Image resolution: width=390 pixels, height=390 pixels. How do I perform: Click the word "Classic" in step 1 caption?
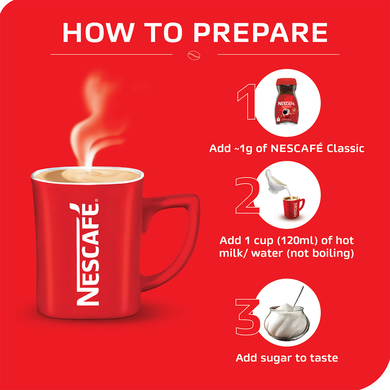pos(345,148)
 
